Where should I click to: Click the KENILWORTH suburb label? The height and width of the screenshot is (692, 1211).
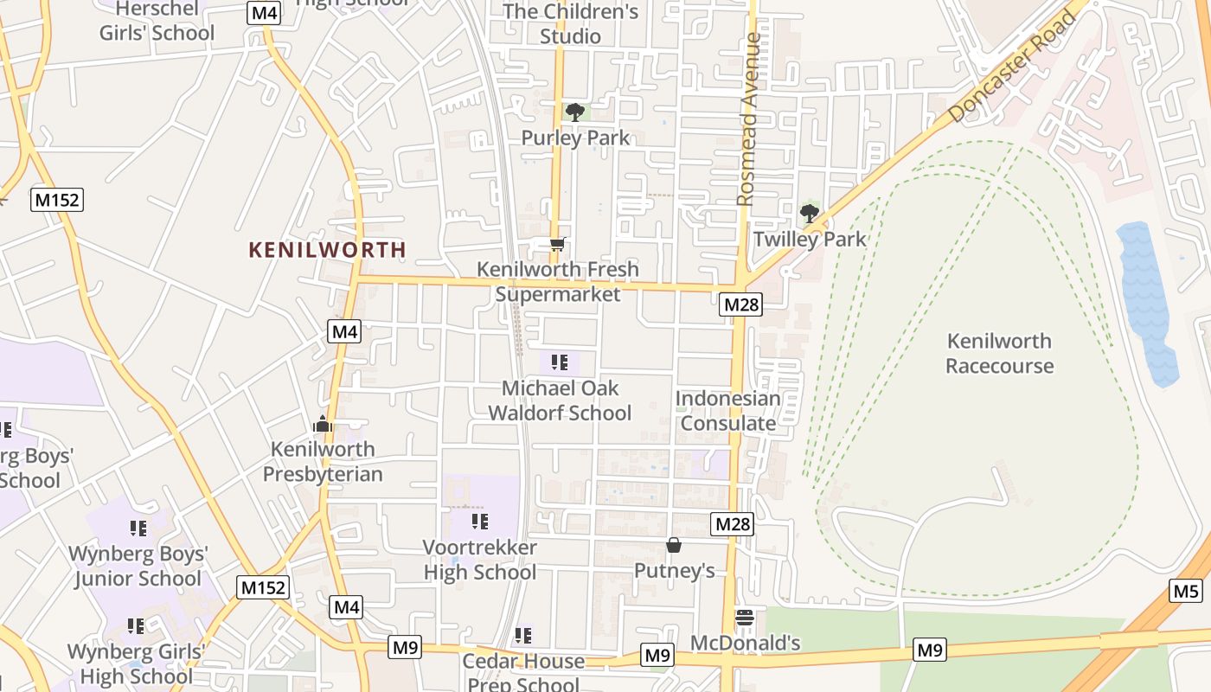pos(327,250)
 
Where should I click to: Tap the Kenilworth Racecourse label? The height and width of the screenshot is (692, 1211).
pos(999,353)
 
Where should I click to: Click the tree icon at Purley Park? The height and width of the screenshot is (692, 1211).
pos(574,112)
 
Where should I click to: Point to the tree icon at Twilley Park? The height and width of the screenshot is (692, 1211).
pos(810,213)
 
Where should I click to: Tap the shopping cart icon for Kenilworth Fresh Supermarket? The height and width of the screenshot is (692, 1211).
pos(558,245)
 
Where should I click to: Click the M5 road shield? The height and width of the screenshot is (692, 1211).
pos(1186,592)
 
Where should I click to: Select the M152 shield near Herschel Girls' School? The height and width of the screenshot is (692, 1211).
pos(57,201)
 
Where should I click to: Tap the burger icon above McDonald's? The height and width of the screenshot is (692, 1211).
pos(745,618)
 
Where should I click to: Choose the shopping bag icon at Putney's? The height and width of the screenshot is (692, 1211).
pos(674,545)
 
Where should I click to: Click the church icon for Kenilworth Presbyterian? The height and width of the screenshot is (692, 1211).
pos(323,424)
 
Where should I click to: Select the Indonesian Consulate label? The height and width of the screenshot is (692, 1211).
pos(727,411)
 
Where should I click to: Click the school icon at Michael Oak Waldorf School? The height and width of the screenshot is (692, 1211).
pos(560,362)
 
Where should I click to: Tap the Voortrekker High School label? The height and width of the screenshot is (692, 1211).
pos(479,560)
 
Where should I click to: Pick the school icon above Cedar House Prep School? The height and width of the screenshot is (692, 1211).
pos(523,636)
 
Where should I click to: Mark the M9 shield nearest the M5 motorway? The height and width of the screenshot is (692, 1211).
pos(930,650)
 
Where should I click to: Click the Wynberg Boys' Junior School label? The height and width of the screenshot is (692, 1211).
pos(138,566)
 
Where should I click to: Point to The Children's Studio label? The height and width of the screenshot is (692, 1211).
pos(570,23)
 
